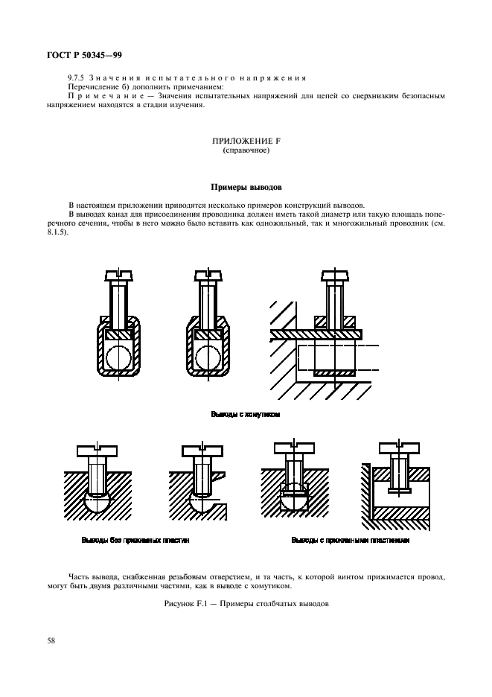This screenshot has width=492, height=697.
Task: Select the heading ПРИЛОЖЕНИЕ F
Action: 245,141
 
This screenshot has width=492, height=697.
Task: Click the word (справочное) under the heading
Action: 245,150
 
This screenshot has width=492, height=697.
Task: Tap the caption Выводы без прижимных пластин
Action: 135,541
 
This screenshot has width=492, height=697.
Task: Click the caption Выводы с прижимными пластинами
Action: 350,541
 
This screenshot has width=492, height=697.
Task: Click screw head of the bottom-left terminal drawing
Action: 98,451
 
